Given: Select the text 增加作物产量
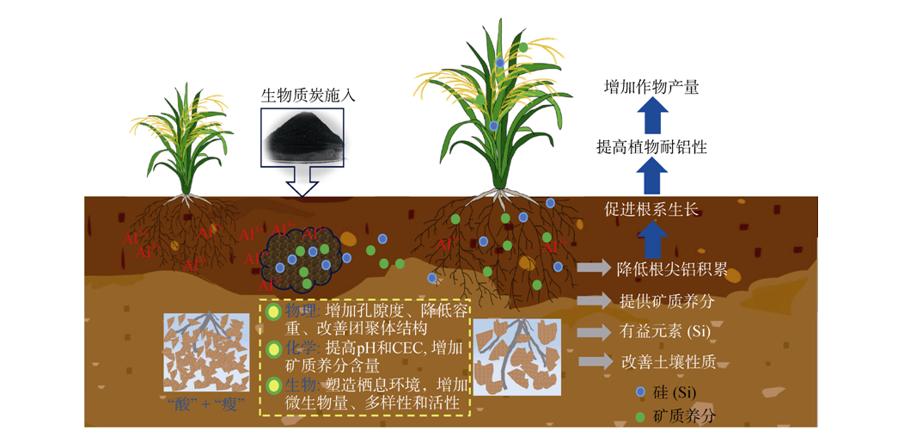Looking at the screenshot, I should [x=651, y=86].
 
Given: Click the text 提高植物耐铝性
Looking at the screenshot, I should [x=651, y=147].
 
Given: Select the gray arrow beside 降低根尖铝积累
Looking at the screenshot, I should [x=593, y=268].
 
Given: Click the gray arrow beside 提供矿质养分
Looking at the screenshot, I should [x=593, y=300].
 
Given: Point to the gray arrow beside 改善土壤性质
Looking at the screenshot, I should [x=593, y=361].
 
